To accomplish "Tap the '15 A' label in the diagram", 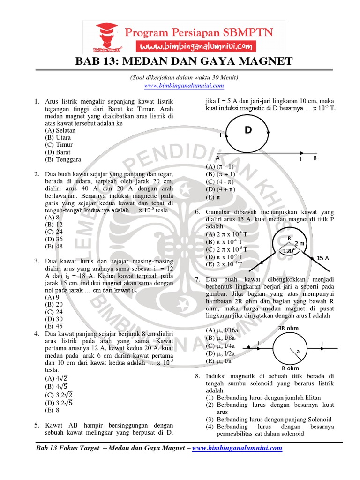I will [x=323, y=257].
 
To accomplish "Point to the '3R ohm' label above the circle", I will [x=289, y=328].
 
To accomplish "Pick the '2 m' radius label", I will [x=299, y=244].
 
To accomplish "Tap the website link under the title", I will [x=184, y=86].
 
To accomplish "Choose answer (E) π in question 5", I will [x=210, y=197].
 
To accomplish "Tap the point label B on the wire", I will [x=315, y=158].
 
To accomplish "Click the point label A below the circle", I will [x=217, y=158].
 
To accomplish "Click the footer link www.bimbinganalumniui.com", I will [x=237, y=448].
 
